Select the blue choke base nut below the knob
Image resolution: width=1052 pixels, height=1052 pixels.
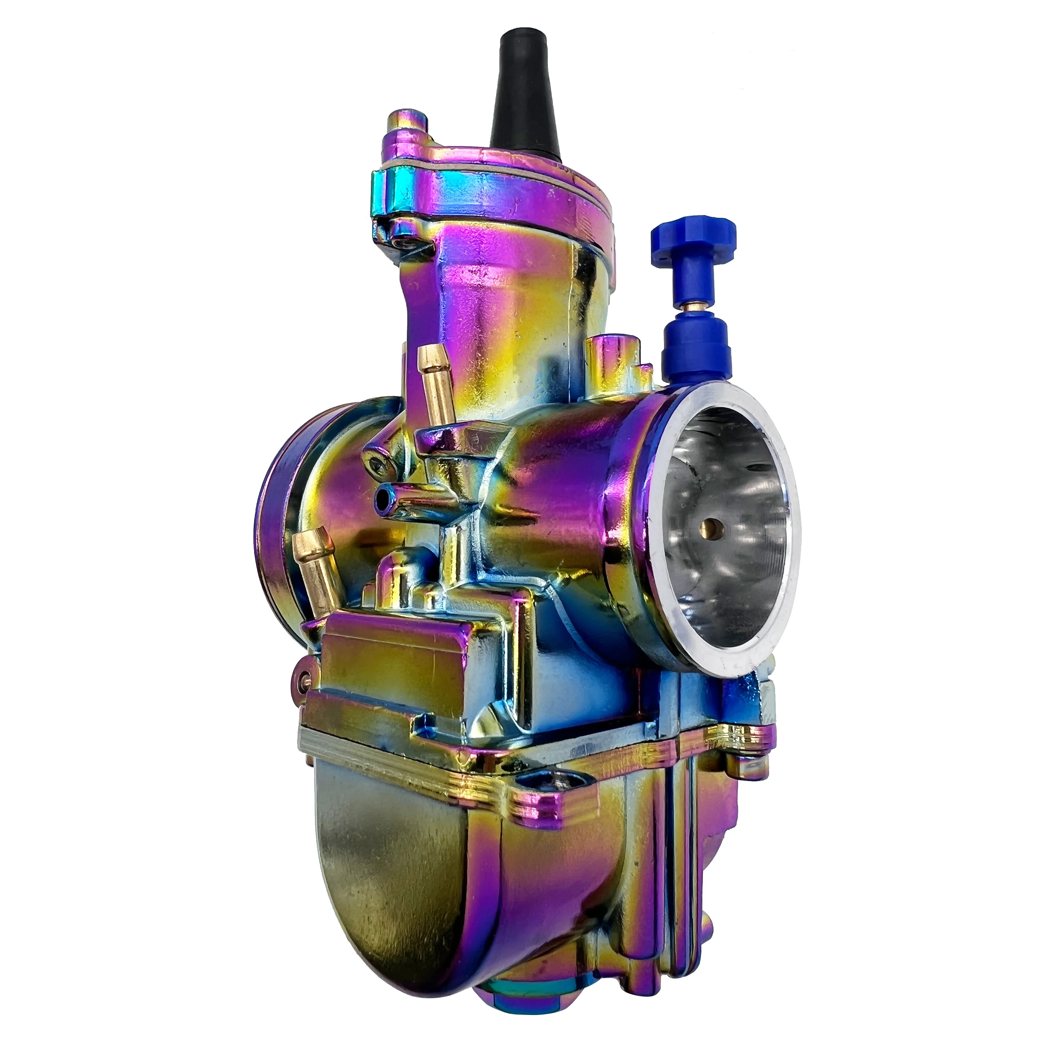click(x=691, y=349)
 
